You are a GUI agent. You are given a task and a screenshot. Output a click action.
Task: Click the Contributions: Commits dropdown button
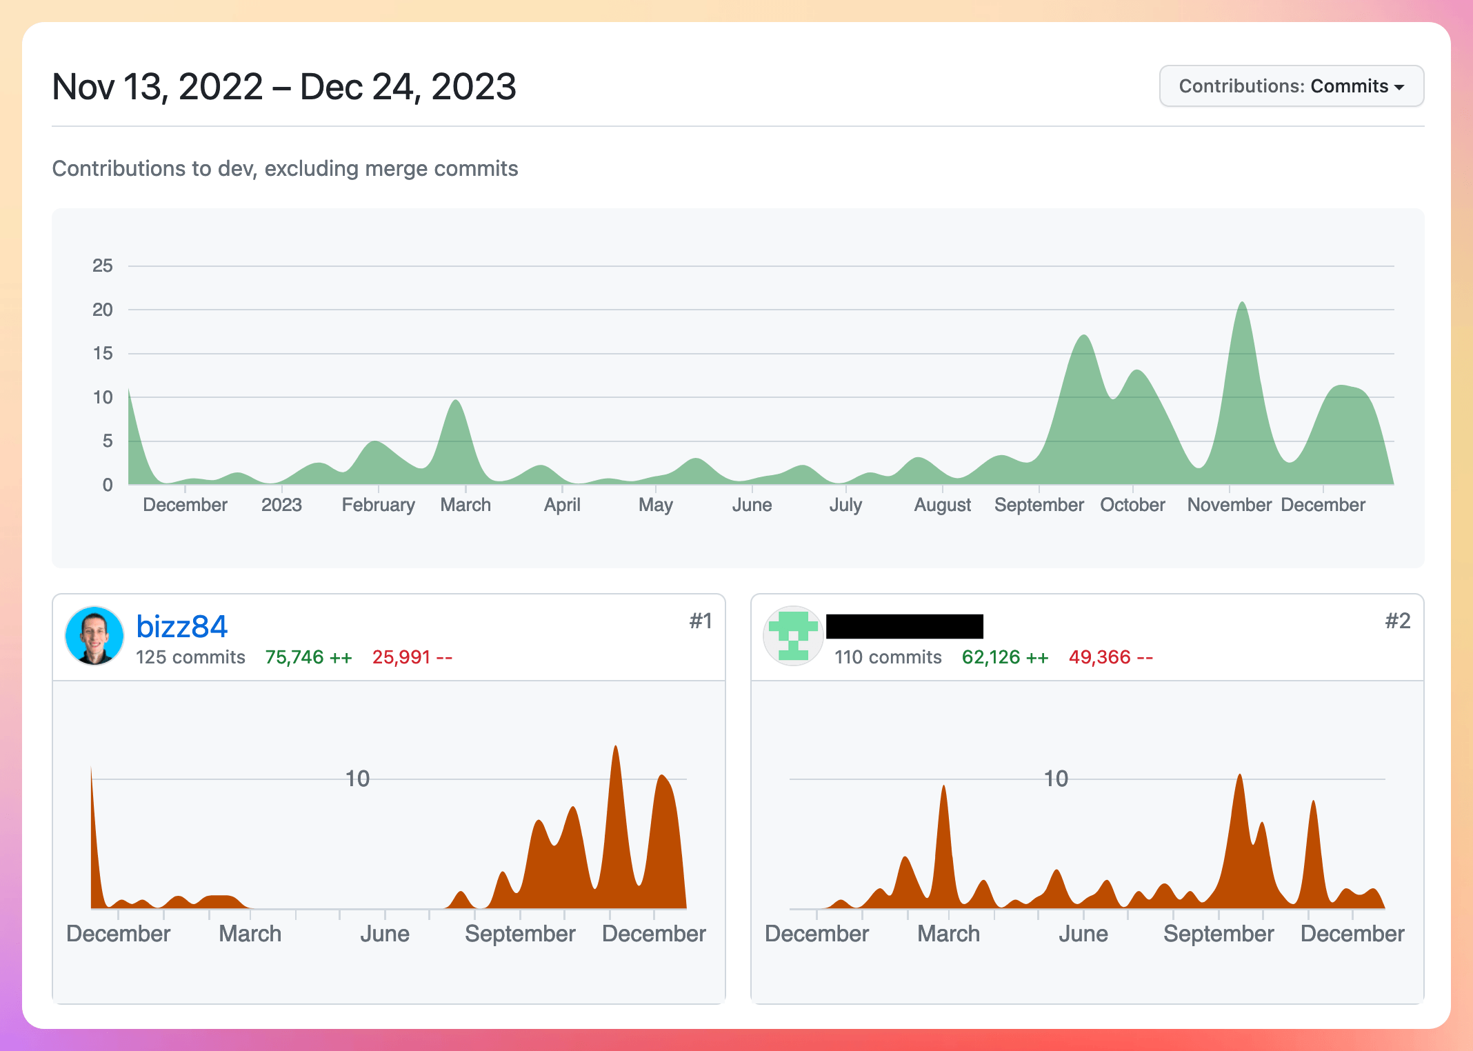tap(1291, 86)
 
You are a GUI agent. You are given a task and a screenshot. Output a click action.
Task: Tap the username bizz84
tap(181, 627)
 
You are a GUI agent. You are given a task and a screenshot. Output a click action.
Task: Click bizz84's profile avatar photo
tap(94, 636)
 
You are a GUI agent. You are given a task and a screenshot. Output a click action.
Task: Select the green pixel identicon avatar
tap(793, 636)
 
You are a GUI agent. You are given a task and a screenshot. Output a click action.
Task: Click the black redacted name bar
tap(904, 626)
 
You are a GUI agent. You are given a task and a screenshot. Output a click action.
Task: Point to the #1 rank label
tap(700, 621)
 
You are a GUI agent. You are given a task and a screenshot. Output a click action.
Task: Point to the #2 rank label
tap(1397, 621)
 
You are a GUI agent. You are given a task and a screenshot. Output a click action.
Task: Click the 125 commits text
tap(190, 657)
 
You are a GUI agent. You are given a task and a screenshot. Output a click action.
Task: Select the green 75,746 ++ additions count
tap(308, 657)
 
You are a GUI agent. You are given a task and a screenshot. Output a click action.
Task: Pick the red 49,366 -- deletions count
tap(1110, 657)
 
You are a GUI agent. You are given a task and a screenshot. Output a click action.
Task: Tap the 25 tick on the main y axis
tap(103, 266)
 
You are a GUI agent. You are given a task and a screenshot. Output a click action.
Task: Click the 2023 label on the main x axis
tap(281, 505)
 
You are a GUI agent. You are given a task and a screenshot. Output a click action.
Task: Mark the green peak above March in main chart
tap(456, 403)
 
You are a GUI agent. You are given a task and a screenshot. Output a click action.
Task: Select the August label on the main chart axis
tap(942, 505)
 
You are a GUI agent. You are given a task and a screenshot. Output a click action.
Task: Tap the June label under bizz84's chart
tap(384, 934)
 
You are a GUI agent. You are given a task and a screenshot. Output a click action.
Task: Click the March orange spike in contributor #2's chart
tap(943, 790)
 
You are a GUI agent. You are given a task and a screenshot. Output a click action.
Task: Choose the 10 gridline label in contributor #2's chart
tap(1055, 779)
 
